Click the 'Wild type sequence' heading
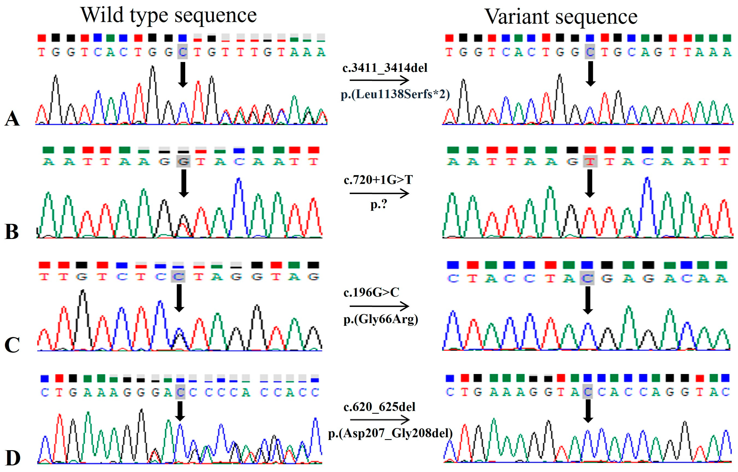tap(169, 15)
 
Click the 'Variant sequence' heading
tap(561, 17)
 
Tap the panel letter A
tap(12, 118)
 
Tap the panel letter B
tap(12, 232)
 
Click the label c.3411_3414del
tap(385, 68)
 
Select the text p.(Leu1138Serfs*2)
tap(395, 94)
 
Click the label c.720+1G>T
tap(378, 180)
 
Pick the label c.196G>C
tap(371, 292)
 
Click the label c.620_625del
tap(379, 407)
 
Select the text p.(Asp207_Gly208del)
tap(390, 433)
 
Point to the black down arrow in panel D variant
tap(588, 411)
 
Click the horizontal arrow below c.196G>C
tap(379, 306)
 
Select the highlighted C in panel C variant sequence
tap(587, 278)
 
